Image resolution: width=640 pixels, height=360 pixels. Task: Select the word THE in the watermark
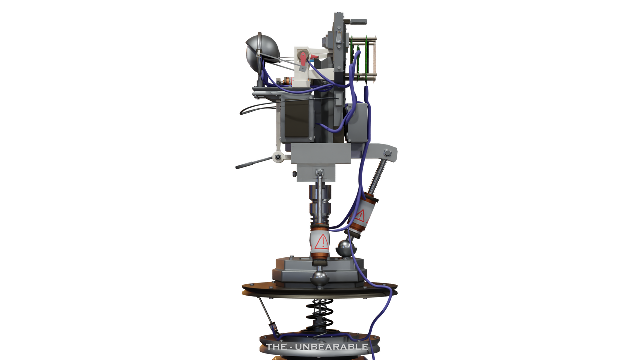click(x=276, y=346)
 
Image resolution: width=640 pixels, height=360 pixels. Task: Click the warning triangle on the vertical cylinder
click(x=321, y=243)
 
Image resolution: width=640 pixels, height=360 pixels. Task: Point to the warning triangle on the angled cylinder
click(x=360, y=216)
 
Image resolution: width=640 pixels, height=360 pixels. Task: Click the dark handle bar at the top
click(x=358, y=22)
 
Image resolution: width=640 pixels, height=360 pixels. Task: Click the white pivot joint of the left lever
click(x=278, y=158)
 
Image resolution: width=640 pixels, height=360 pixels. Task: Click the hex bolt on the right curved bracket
click(x=387, y=153)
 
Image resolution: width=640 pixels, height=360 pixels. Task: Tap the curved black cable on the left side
click(x=250, y=108)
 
